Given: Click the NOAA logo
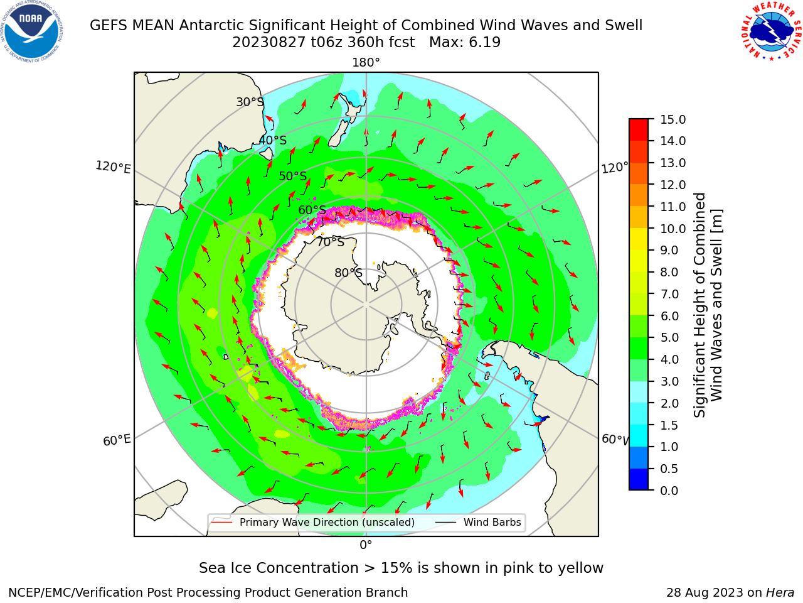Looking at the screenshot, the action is pos(32,32).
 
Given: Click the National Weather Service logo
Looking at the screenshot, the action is pos(771,32).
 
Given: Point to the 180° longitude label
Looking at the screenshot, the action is pos(366,63).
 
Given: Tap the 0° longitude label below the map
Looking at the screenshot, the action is pos(366,545).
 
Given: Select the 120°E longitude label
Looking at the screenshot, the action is pos(113,167).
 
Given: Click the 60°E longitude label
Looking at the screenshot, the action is pos(117,440).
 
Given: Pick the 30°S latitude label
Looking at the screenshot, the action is pos(250,102).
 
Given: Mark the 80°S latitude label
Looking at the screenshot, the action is pos(348,273).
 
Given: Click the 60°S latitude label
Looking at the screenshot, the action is pos(312,210).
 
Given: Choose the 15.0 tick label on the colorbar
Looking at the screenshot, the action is pos(673,119).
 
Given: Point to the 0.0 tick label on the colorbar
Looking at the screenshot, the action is pos(669,491).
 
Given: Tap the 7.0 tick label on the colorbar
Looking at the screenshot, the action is pos(669,294).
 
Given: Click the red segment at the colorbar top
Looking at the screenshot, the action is pos(639,129).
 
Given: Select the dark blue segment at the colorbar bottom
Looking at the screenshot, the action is pos(639,479).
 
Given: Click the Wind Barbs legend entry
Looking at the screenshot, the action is pos(478,522).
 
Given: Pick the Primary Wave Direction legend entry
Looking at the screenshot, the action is pos(313,522).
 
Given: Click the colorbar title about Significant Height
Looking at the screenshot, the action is pos(708,305).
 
